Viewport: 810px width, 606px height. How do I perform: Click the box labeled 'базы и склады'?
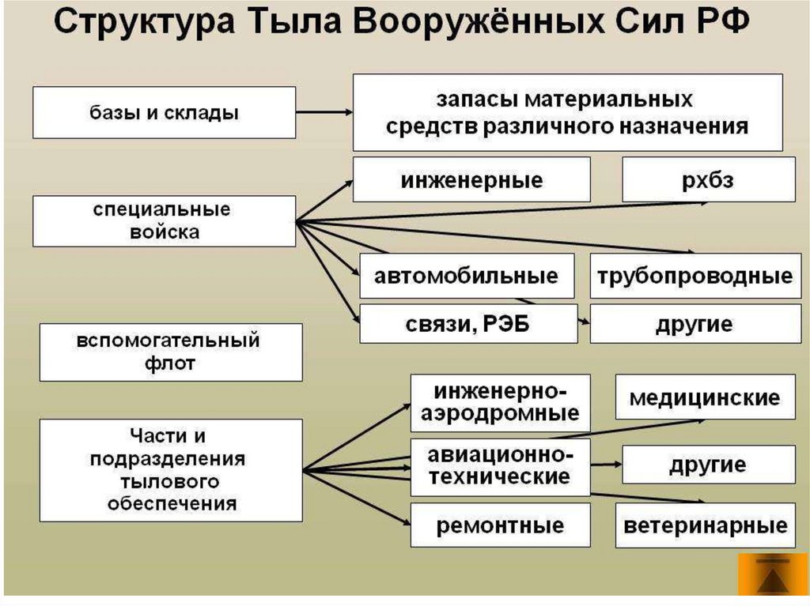(x=164, y=112)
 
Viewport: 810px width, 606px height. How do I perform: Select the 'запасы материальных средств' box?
(x=567, y=112)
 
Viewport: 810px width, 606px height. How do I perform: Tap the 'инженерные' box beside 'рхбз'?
(x=471, y=179)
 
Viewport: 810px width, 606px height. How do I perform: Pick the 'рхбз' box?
(x=708, y=179)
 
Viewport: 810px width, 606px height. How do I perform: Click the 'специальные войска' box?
(x=164, y=221)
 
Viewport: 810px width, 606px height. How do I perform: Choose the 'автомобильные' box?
(x=467, y=276)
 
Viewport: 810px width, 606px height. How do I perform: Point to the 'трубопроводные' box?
(x=695, y=276)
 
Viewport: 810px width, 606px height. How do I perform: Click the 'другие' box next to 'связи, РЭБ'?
(x=695, y=323)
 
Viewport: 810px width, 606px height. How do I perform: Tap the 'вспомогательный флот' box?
(x=170, y=352)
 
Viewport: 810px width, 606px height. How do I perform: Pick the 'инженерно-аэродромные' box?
(x=500, y=403)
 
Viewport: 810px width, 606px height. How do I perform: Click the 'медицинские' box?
(x=705, y=397)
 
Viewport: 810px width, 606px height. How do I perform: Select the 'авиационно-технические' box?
(x=500, y=467)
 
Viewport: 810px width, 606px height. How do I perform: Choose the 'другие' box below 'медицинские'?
(x=708, y=464)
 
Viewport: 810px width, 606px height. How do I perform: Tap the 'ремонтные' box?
(x=500, y=525)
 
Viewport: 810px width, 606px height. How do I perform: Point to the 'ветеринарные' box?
(x=705, y=525)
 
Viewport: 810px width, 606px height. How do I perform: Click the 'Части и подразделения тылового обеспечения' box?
(x=170, y=470)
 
